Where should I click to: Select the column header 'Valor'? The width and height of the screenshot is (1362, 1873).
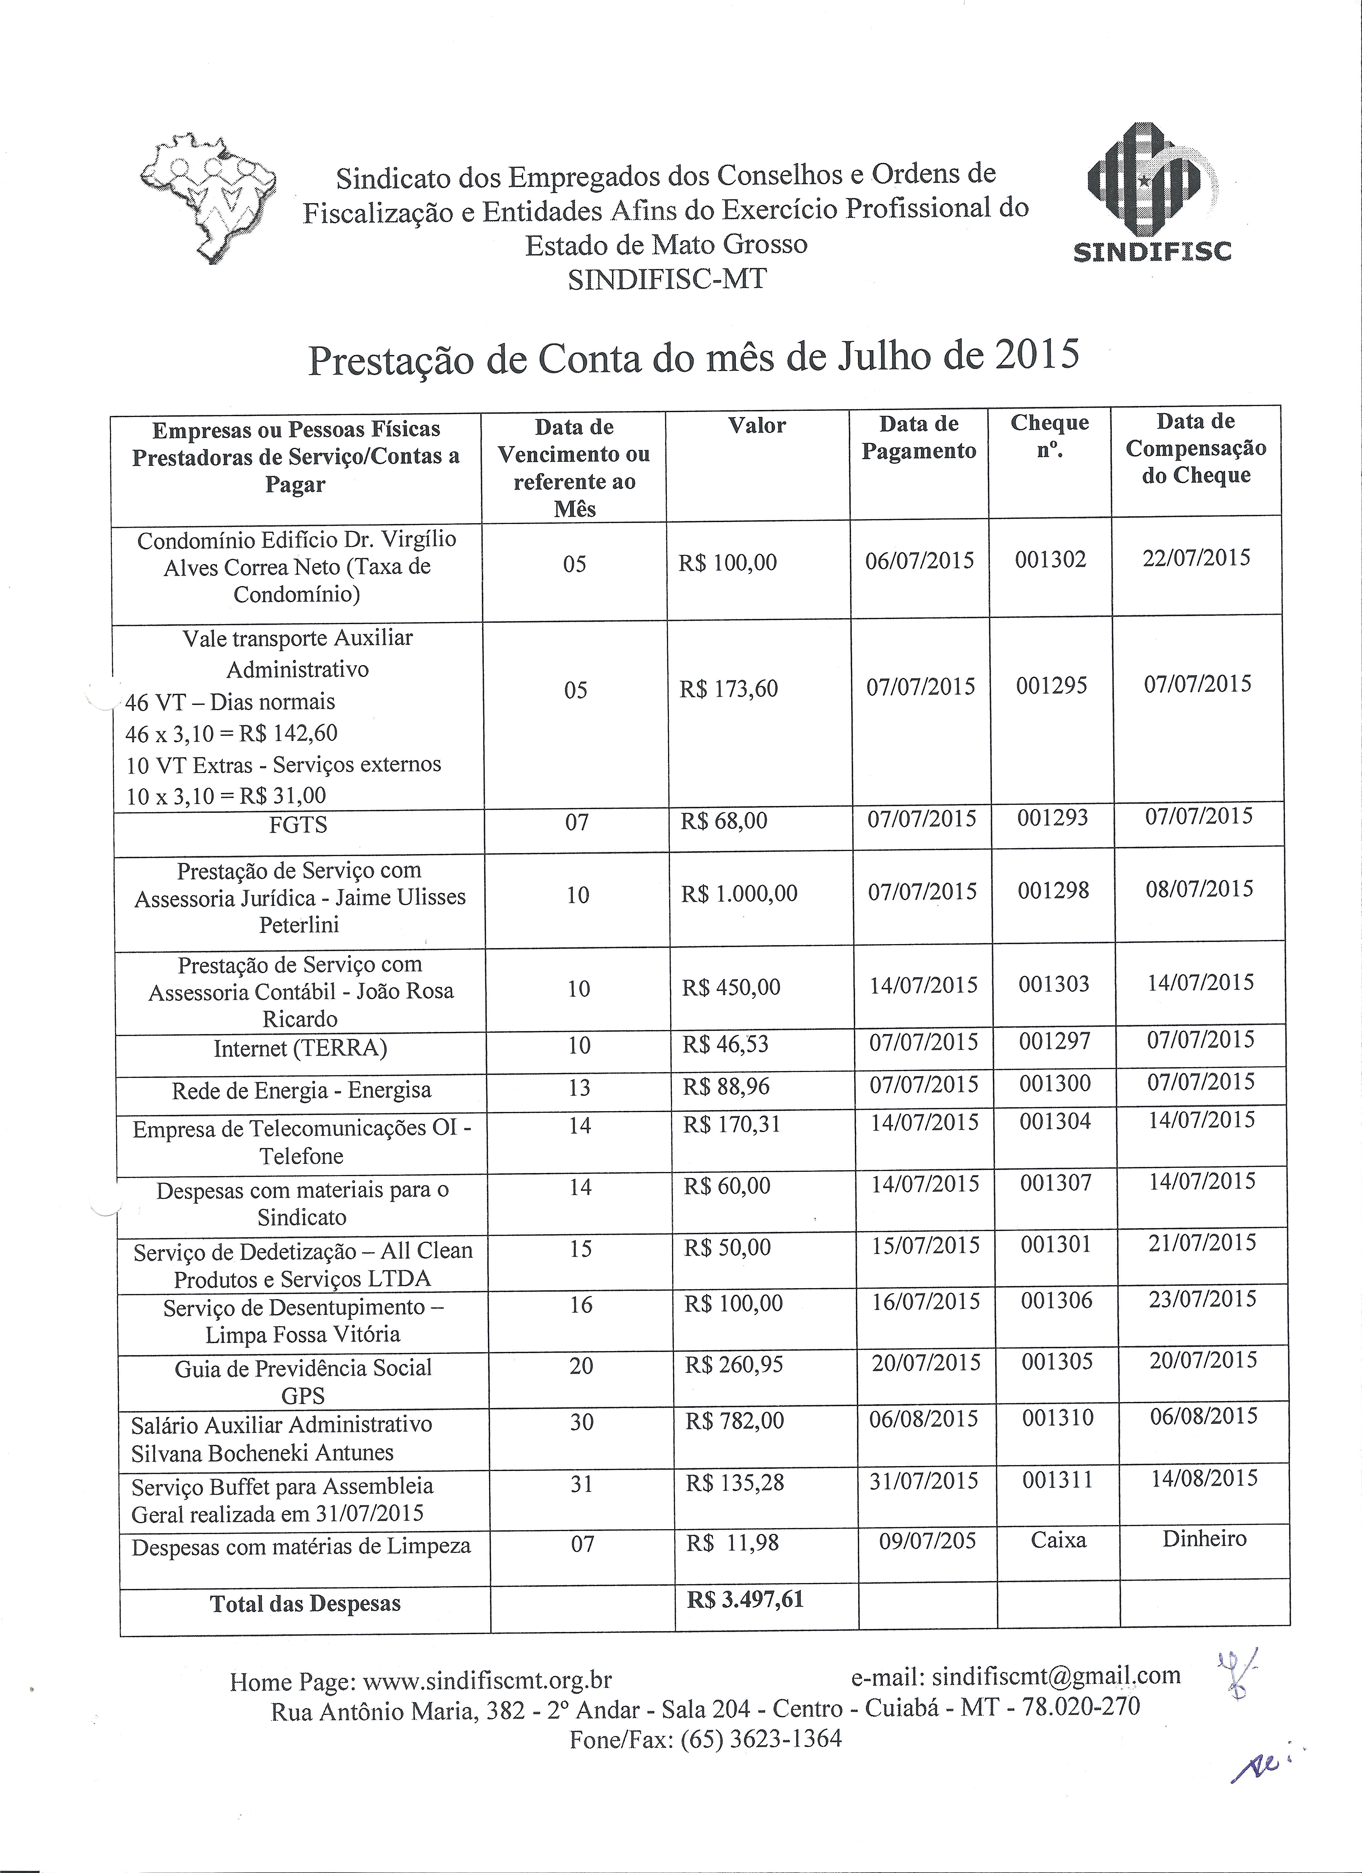(757, 426)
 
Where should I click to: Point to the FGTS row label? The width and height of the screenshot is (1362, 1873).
(298, 824)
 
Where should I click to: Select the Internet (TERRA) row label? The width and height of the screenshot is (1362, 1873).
(300, 1048)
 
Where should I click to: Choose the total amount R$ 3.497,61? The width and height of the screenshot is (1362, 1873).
(745, 1600)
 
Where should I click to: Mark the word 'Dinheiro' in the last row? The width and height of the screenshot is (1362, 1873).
(1204, 1539)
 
